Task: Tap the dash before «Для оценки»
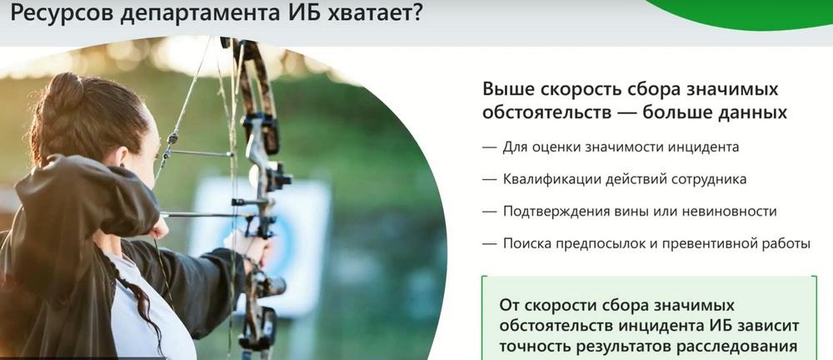[489, 147]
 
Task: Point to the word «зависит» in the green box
[769, 326]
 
